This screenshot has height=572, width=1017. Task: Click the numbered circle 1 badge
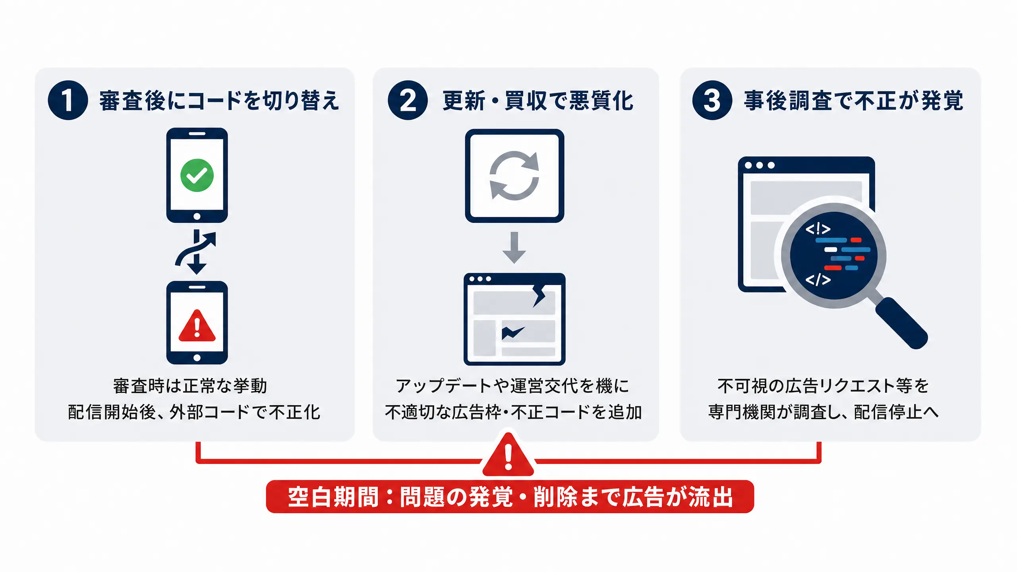pyautogui.click(x=68, y=100)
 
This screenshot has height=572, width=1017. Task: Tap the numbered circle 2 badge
pyautogui.click(x=408, y=100)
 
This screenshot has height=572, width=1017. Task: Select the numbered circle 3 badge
pyautogui.click(x=712, y=100)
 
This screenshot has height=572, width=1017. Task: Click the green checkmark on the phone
pyautogui.click(x=197, y=175)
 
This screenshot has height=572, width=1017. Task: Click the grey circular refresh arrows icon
pyautogui.click(x=514, y=175)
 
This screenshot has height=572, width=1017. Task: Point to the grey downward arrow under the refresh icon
pyautogui.click(x=514, y=247)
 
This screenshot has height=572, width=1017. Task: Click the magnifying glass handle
pyautogui.click(x=901, y=323)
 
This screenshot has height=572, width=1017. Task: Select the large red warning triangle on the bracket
pyautogui.click(x=508, y=454)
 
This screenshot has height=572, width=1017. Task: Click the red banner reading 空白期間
pyautogui.click(x=510, y=497)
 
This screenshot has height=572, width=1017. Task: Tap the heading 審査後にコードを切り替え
pyautogui.click(x=219, y=100)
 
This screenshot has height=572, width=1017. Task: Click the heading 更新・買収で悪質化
pyautogui.click(x=538, y=100)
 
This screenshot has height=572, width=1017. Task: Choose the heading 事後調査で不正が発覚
pyautogui.click(x=854, y=100)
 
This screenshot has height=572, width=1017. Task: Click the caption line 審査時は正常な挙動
pyautogui.click(x=190, y=386)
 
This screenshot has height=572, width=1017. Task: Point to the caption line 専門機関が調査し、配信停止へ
pyautogui.click(x=824, y=412)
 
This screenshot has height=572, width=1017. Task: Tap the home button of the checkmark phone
pyautogui.click(x=197, y=216)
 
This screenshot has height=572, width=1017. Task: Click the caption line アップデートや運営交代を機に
pyautogui.click(x=512, y=386)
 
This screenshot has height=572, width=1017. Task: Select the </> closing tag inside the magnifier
pyautogui.click(x=818, y=280)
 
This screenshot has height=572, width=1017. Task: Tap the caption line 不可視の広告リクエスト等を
pyautogui.click(x=823, y=386)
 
